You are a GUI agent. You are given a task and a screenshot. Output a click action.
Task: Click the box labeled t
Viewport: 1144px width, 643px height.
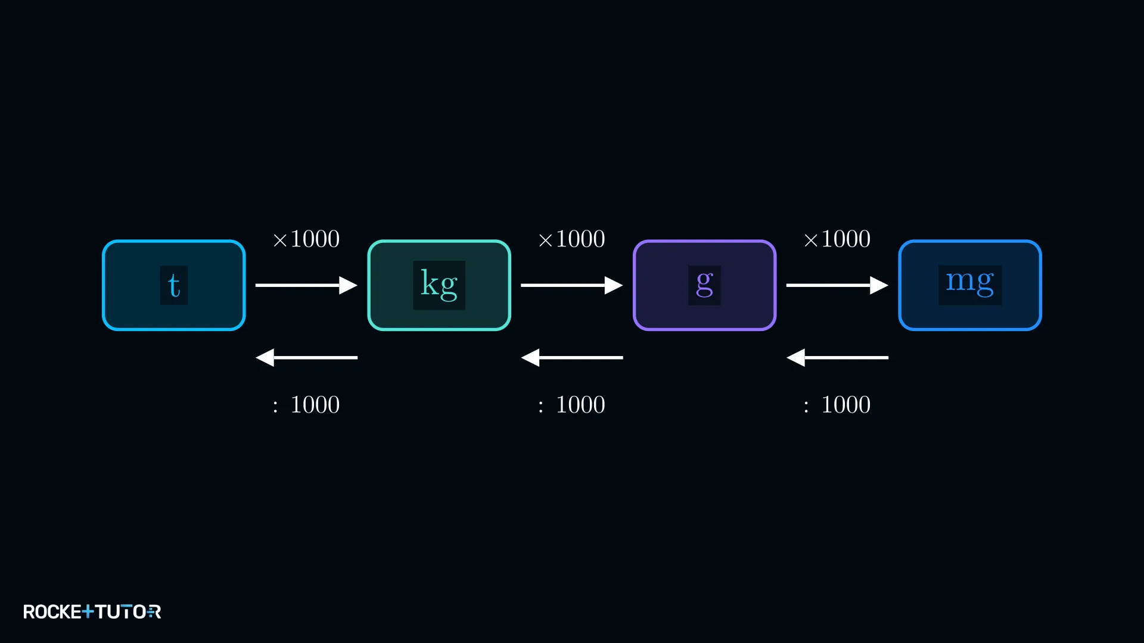[x=173, y=285]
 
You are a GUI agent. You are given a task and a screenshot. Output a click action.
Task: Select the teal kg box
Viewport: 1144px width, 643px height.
[x=439, y=285]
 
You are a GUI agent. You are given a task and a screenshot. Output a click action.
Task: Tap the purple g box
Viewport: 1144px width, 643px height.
[x=704, y=285]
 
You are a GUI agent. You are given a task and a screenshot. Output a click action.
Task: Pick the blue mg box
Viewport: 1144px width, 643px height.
[x=970, y=285]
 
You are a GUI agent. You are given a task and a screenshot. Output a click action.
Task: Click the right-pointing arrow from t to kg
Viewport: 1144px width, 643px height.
[x=306, y=285]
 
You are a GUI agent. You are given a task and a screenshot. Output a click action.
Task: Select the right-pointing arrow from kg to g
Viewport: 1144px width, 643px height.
[x=572, y=285]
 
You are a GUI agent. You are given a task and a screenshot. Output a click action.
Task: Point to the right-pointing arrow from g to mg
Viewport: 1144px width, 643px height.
[x=837, y=285]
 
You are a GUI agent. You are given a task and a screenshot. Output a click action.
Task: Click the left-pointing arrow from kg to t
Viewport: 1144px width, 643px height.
[x=306, y=357]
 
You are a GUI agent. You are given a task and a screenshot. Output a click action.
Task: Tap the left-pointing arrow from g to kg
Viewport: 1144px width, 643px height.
[x=572, y=357]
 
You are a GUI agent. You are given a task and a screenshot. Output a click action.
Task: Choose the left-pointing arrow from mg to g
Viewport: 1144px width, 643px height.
[x=837, y=357]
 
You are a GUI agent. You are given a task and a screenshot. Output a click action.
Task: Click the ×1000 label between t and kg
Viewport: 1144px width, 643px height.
[x=306, y=239]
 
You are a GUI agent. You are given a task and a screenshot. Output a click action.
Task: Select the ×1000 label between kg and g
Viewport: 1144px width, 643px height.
[x=572, y=239]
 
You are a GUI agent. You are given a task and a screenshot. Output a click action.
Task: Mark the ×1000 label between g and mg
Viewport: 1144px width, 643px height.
[x=837, y=239]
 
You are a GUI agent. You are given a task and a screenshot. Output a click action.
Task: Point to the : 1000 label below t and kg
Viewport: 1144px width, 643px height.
[x=306, y=405]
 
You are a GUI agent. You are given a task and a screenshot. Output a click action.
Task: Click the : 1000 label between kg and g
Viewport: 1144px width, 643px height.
[x=572, y=405]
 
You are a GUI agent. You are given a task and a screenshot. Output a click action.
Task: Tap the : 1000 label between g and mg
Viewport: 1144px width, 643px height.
[x=837, y=405]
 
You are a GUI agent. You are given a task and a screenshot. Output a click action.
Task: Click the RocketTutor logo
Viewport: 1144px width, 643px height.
[x=92, y=611]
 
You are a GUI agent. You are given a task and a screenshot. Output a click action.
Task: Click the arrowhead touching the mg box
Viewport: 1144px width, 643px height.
[x=879, y=285]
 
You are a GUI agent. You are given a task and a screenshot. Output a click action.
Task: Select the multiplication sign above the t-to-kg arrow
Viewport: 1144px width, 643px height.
[x=280, y=240]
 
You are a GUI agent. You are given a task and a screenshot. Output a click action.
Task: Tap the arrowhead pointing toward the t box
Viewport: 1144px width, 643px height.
[x=265, y=357]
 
